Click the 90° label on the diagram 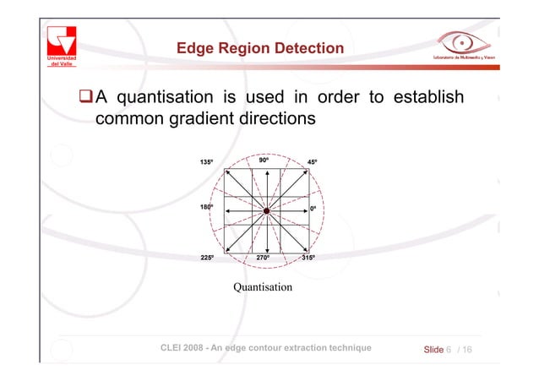click(264, 159)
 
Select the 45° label click(313, 162)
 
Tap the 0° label click(313, 208)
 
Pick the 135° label click(207, 162)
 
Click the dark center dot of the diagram click(266, 210)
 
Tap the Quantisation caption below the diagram click(263, 288)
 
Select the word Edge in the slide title click(193, 49)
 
